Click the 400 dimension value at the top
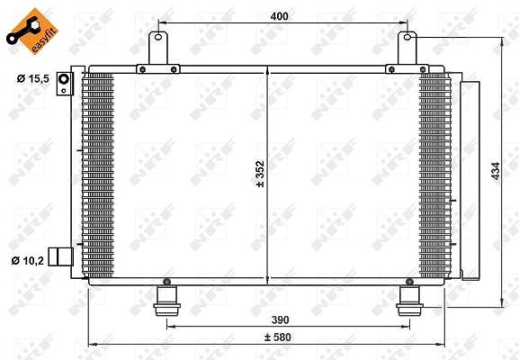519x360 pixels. tap(279, 16)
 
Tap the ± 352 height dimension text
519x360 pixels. tap(261, 174)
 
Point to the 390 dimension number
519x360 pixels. tap(280, 319)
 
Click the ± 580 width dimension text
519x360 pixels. tap(278, 337)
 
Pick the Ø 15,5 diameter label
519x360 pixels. tap(33, 79)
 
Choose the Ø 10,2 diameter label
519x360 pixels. tap(28, 261)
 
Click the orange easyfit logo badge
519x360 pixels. tap(32, 31)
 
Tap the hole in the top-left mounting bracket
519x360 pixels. tap(158, 37)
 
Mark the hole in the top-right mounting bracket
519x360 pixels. tap(407, 37)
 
